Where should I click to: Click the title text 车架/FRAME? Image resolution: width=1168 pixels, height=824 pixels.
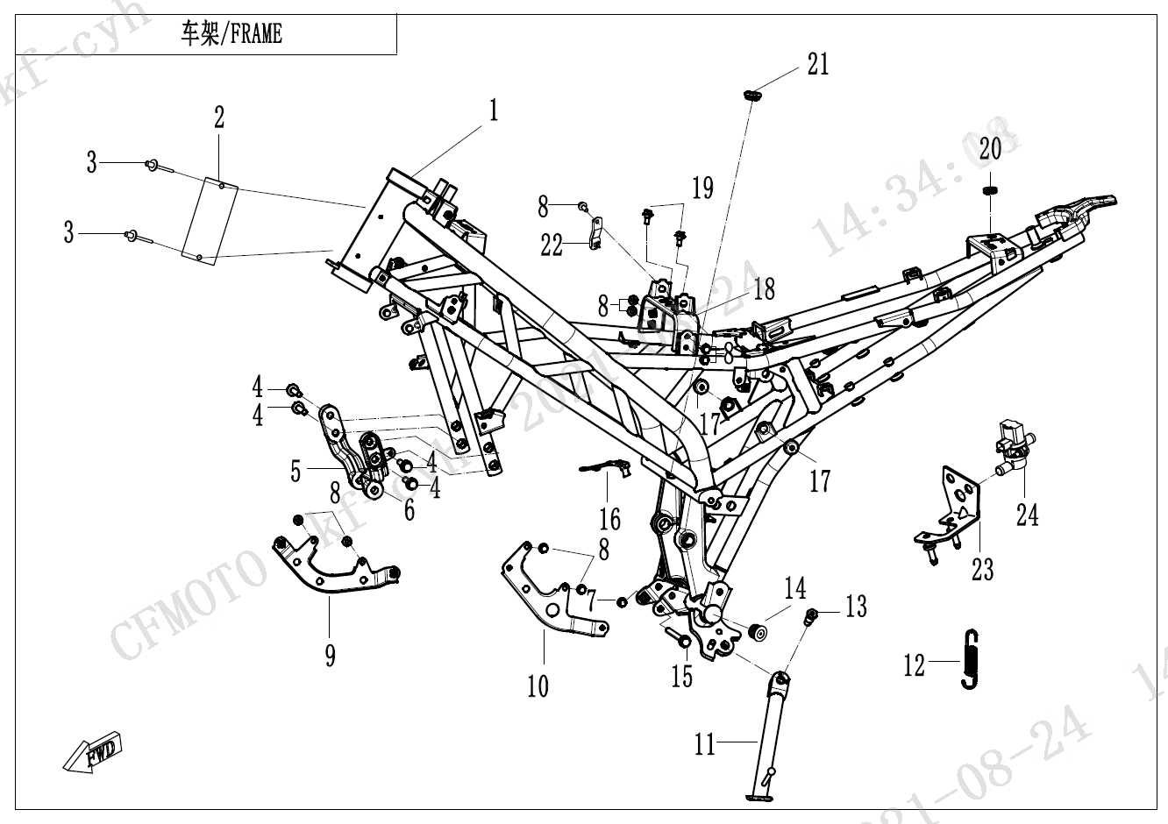coord(231,35)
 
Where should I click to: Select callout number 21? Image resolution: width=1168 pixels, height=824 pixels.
coord(817,64)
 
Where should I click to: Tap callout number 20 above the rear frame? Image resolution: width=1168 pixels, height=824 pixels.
coord(990,148)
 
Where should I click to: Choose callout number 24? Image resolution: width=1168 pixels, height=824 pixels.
coord(1027,513)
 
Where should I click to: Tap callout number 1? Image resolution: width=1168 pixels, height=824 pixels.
coord(494,110)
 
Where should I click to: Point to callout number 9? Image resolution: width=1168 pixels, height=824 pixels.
coord(330,653)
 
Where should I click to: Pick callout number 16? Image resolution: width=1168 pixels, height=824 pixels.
coord(609,520)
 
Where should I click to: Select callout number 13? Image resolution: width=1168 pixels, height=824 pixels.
coord(855,606)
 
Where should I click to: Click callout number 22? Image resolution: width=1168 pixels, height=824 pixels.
coord(551,245)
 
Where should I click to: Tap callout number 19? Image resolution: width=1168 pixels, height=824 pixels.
coord(702,187)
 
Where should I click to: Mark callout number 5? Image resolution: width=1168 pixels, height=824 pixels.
coord(297,471)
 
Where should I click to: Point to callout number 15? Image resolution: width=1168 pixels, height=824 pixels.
coord(681,675)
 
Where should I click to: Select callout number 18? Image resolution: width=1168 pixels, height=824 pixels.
coord(765,288)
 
